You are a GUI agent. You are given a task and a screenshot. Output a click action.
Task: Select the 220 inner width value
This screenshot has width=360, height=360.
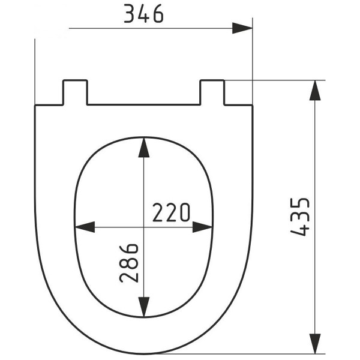(171, 212)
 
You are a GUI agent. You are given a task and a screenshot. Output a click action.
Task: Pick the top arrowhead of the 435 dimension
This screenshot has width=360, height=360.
(314, 90)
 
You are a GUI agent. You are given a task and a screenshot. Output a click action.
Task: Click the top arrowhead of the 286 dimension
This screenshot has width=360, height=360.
(143, 147)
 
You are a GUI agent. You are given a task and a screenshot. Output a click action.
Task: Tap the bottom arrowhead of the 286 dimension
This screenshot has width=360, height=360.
(143, 306)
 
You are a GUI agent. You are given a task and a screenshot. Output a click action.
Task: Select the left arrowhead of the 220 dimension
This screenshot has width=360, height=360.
(85, 227)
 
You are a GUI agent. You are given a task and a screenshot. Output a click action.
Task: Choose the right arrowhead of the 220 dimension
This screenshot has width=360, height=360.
(204, 227)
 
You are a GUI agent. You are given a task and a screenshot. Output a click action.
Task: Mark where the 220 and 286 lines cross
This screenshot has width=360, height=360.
(143, 227)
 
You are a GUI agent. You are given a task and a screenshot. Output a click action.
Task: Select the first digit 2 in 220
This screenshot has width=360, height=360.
(158, 212)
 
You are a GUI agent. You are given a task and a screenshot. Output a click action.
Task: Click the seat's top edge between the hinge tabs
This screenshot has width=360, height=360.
(143, 105)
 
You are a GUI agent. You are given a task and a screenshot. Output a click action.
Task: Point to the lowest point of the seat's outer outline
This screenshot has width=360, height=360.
(143, 353)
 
